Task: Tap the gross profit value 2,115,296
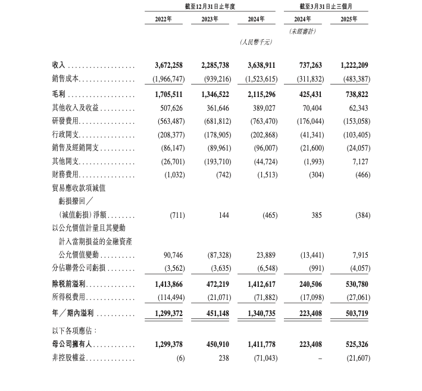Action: point(257,94)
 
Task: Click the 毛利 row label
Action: point(60,94)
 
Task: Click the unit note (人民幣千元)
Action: point(256,42)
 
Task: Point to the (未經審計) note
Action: point(302,31)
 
